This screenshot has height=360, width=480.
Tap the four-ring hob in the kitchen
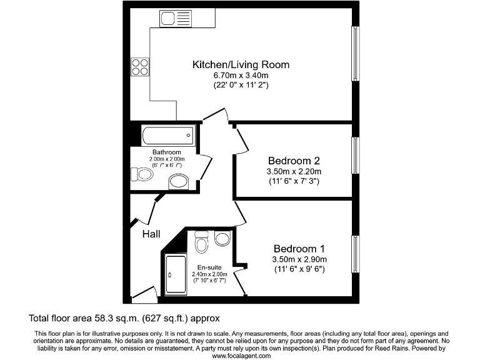(140, 66)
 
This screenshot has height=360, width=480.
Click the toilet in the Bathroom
(143, 174)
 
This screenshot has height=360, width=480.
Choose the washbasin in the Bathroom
(179, 182)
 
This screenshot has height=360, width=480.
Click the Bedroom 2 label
(293, 159)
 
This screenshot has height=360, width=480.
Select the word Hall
(151, 234)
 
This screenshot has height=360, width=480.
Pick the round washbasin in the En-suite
(222, 239)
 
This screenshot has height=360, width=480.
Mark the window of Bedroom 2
(355, 155)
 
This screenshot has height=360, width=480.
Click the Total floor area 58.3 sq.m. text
(124, 317)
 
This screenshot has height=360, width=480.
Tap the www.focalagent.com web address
(241, 355)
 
